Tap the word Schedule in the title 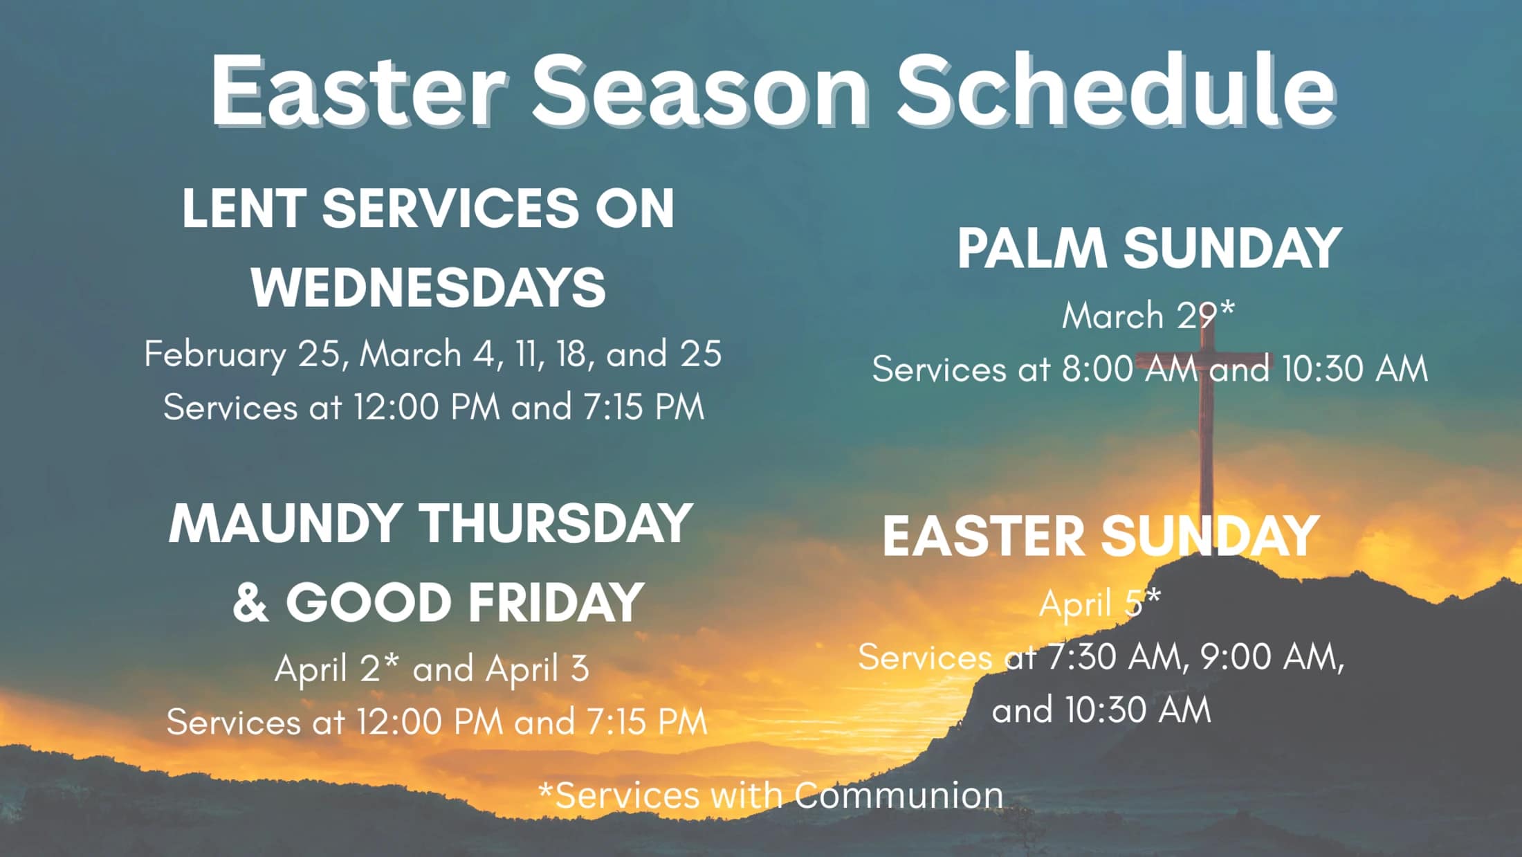coord(1115,90)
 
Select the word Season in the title coord(699,90)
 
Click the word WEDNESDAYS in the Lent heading coord(428,287)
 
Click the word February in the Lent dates coord(215,354)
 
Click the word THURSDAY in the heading coord(556,523)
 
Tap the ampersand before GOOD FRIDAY coord(250,602)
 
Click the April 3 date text coord(538,669)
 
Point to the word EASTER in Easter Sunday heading coord(983,536)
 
